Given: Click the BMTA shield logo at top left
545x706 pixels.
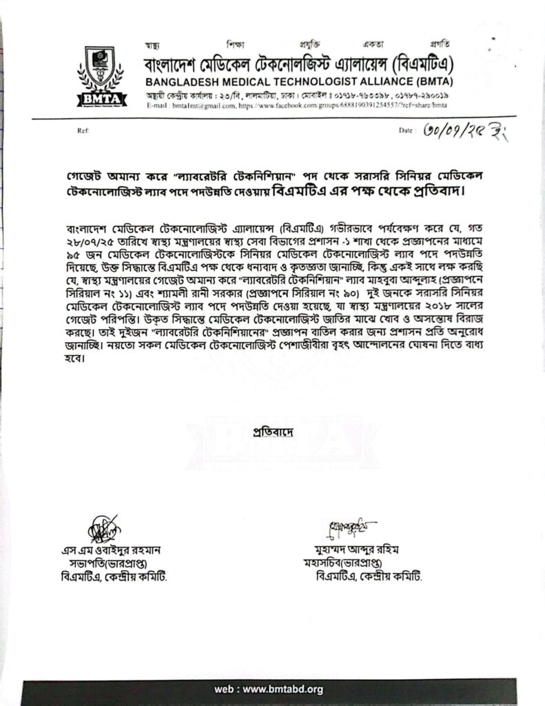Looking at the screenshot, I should pos(101,78).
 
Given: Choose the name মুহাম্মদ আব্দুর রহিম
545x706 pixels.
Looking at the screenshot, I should pos(356,550).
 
